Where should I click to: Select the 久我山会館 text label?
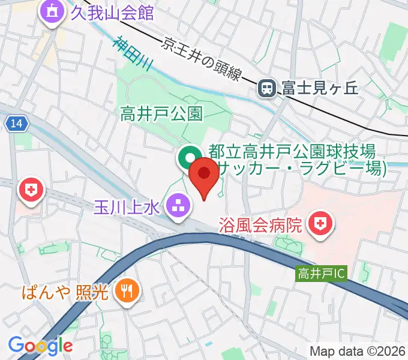click(113, 13)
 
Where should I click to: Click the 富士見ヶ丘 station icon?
click(266, 89)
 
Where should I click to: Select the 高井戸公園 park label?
click(161, 112)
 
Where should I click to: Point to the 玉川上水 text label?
click(126, 208)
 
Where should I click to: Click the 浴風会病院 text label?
click(260, 226)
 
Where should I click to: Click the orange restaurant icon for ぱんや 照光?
click(127, 292)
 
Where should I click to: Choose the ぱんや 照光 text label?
click(65, 293)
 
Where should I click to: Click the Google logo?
click(40, 346)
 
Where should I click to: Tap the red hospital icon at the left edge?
click(30, 191)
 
